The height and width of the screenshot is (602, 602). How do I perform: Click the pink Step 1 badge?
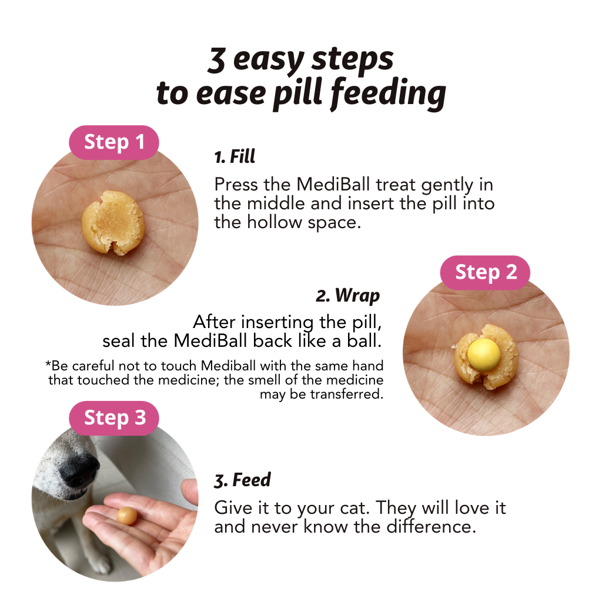114,142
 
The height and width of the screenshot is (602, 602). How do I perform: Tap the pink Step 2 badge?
485,272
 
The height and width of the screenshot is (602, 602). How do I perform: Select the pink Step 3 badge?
114,417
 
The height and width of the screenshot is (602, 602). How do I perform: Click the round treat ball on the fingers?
126,516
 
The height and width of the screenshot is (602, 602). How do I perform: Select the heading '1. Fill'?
234,157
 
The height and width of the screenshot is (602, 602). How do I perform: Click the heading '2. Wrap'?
348,295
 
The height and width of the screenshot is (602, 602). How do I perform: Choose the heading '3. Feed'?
242,480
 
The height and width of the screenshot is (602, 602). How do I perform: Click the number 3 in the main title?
216,61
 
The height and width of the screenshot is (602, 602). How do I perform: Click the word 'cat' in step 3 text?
354,507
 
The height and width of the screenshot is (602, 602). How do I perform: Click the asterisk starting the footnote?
48,364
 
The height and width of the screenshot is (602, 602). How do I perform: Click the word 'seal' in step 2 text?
119,342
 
